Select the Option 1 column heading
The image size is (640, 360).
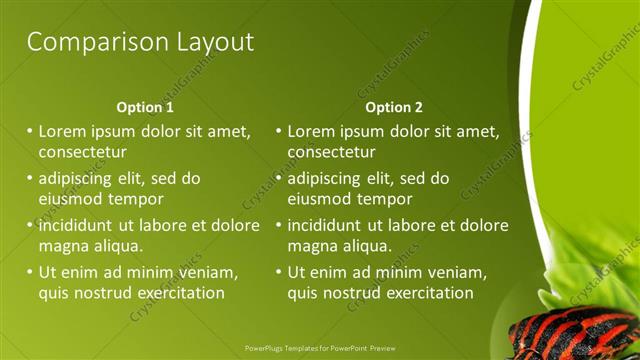pyautogui.click(x=145, y=107)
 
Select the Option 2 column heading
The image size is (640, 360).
pyautogui.click(x=394, y=107)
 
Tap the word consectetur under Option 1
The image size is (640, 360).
pyautogui.click(x=82, y=152)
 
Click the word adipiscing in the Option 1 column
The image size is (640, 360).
pyautogui.click(x=81, y=179)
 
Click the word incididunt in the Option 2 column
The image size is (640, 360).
pyautogui.click(x=331, y=225)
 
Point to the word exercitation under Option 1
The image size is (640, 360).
pyautogui.click(x=175, y=293)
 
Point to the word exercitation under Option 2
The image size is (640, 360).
pyautogui.click(x=424, y=293)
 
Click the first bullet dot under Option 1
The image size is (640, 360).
pyautogui.click(x=29, y=131)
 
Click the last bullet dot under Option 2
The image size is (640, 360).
pyautogui.click(x=278, y=272)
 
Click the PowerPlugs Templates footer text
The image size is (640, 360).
pyautogui.click(x=320, y=349)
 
